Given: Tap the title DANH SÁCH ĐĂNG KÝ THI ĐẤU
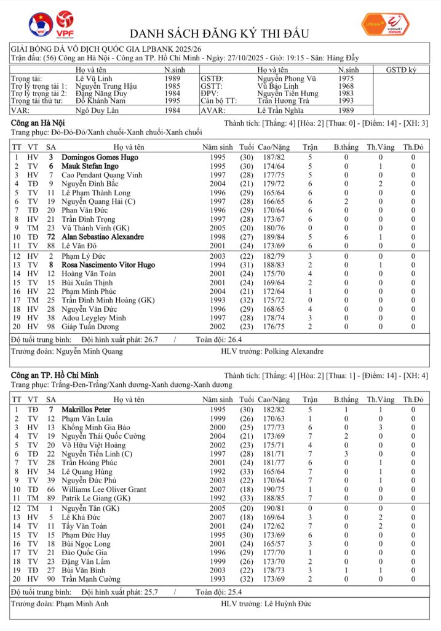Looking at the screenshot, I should [220, 33].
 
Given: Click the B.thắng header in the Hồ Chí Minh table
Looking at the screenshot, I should [346, 399].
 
